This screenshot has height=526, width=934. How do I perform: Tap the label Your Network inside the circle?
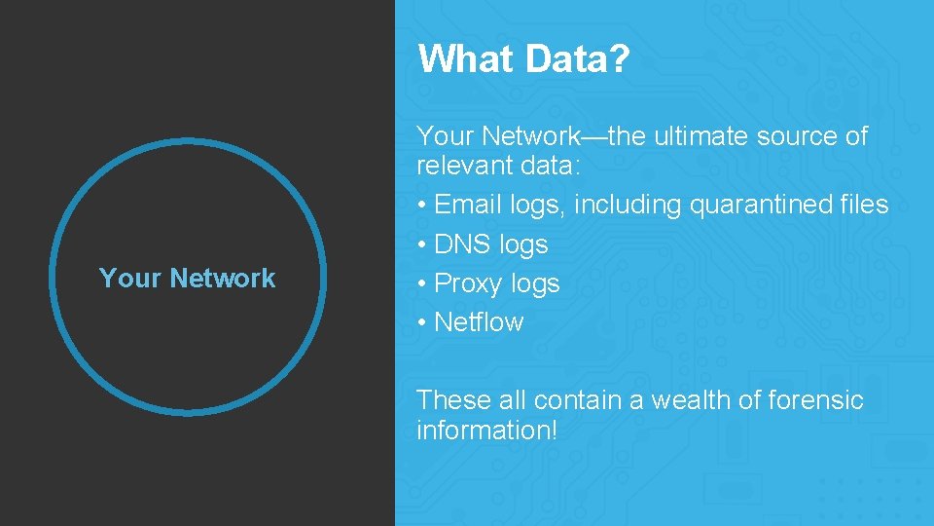tap(187, 279)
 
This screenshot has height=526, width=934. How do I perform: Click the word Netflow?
tap(479, 321)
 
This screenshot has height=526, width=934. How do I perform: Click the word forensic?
tap(814, 399)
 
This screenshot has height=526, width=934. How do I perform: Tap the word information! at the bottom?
tap(486, 430)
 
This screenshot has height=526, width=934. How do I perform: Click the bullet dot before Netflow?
tap(421, 322)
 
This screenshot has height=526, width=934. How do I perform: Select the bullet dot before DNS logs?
tap(421, 244)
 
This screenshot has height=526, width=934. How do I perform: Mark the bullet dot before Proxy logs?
tap(421, 283)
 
